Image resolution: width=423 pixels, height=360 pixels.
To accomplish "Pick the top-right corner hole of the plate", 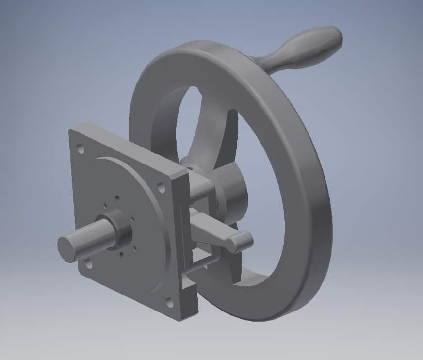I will click(x=161, y=186).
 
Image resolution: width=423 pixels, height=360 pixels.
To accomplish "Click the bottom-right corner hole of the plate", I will click(x=169, y=303).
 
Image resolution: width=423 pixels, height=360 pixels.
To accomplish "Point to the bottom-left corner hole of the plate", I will click(x=88, y=264).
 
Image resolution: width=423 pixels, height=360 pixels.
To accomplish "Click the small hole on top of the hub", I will click(x=191, y=166).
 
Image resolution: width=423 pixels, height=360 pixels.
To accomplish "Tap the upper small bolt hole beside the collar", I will click(x=117, y=197).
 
